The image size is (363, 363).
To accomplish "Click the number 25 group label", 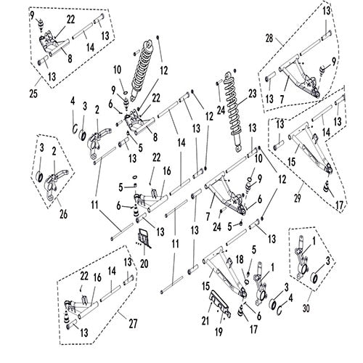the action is coord(33,94).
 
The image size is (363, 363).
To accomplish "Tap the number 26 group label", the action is coord(63,214).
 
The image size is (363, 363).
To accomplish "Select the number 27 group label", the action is coord(133,324).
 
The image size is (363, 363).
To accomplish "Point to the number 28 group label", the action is coord(269,38).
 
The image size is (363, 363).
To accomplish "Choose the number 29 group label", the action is coord(297,198).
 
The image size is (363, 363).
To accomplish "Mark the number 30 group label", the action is coord(306,309).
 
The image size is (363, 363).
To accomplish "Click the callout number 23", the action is coord(252,94).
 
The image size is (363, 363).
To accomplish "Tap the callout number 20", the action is coord(144,264).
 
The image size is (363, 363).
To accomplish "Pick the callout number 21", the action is coord(205,321).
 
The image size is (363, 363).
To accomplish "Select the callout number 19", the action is coord(219,332).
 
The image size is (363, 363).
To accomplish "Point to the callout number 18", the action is coord(240,260).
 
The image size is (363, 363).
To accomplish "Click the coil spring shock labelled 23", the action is coord(234,111).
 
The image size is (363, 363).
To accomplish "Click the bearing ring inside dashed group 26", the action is coord(39,177).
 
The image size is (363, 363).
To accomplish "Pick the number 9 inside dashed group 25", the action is coord(33,15).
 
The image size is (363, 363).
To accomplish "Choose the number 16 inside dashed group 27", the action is coord(97,277).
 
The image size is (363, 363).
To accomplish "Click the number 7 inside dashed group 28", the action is coord(282,99).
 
